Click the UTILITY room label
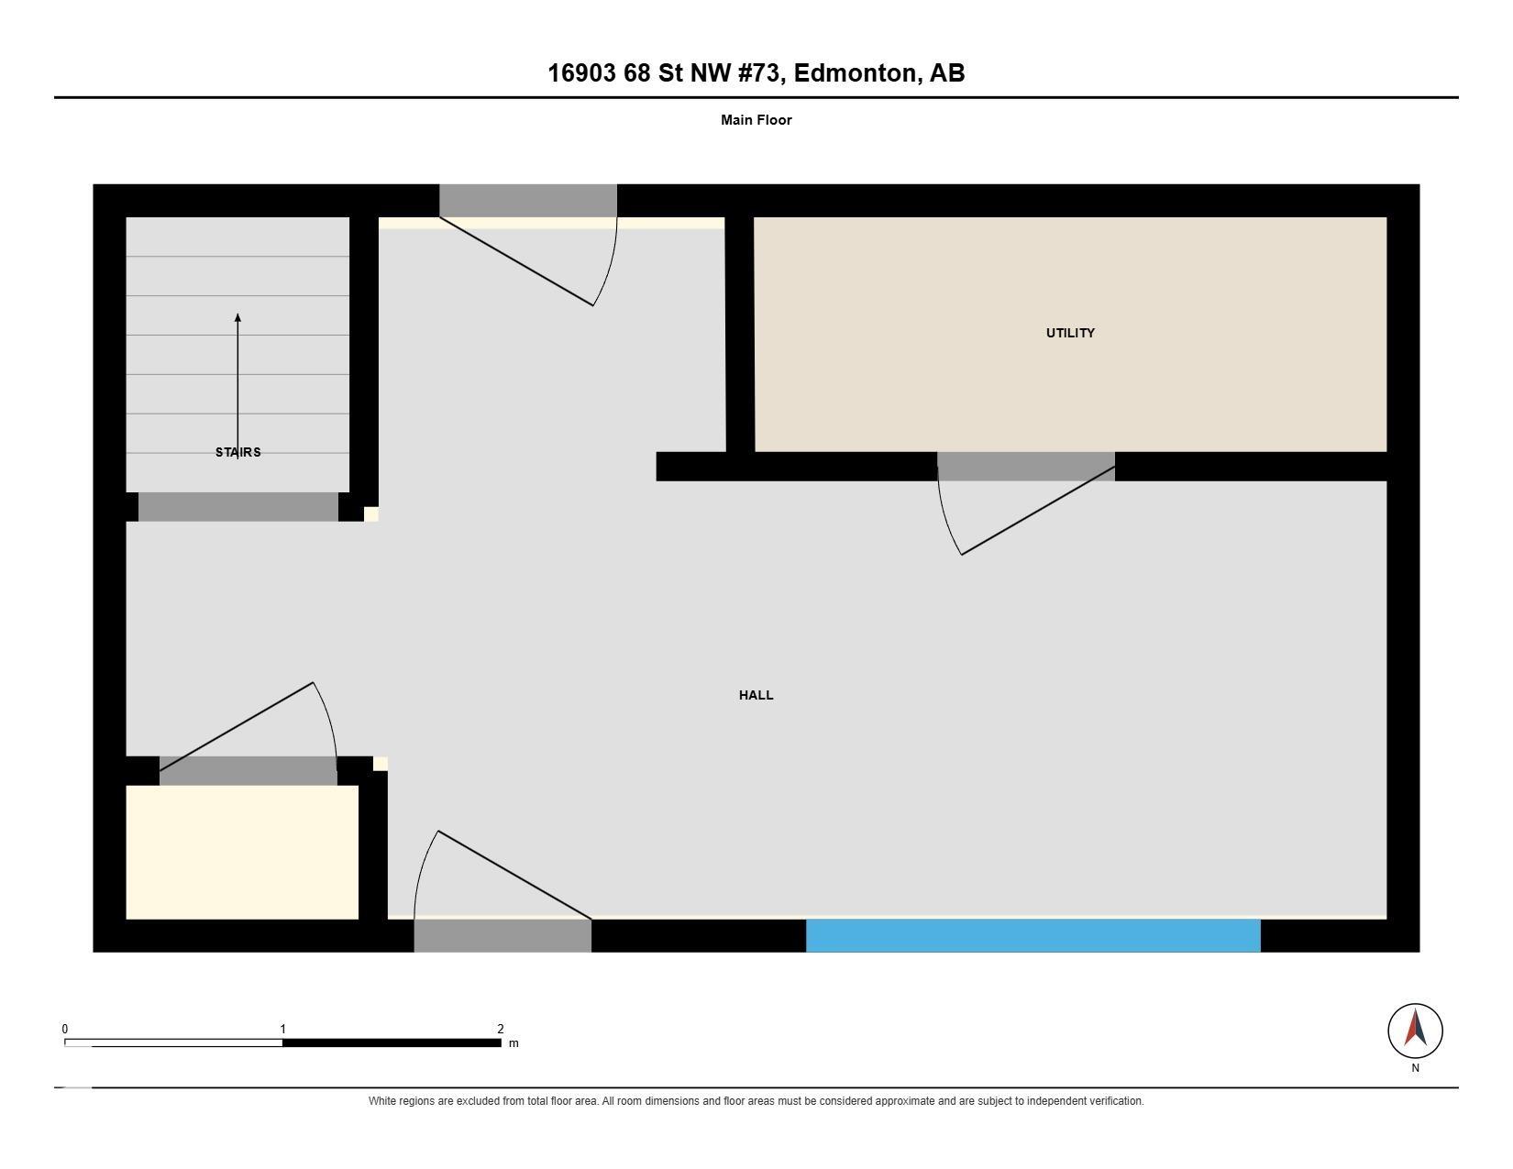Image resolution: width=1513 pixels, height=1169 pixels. tap(1070, 333)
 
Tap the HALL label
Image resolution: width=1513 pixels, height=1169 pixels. tap(756, 695)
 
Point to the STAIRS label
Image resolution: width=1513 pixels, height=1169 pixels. tap(238, 452)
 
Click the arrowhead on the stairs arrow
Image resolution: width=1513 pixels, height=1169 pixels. tap(237, 318)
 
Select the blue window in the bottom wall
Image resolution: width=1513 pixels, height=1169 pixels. tap(1033, 935)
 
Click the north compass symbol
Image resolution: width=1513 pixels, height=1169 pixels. tap(1415, 1031)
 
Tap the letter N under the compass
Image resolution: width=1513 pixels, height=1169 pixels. tap(1415, 1067)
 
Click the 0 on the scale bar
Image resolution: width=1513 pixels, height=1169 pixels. tap(65, 1029)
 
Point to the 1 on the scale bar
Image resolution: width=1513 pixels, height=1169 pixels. tap(282, 1029)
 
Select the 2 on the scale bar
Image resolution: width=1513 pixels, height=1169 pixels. tap(501, 1029)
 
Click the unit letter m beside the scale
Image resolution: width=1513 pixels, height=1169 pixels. tap(514, 1043)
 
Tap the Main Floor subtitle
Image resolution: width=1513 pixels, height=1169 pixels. tap(756, 120)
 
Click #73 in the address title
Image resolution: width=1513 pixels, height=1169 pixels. tap(762, 72)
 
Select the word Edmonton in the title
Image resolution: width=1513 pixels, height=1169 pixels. tap(855, 72)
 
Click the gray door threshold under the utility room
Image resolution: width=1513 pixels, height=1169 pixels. tap(1026, 467)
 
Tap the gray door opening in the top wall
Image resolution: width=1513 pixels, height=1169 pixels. tap(528, 201)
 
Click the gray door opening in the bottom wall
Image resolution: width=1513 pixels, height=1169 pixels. tap(502, 935)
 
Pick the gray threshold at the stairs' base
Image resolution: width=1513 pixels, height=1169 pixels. tap(238, 507)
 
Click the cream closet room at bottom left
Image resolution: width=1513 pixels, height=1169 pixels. tap(242, 852)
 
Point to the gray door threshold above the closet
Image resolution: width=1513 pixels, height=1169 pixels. tap(248, 771)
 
